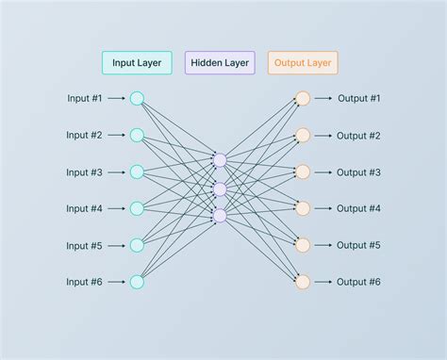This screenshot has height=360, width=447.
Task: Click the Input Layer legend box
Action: click(137, 63)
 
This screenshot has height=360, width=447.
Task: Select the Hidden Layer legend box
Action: click(220, 63)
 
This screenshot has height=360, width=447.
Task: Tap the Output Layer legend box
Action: click(303, 63)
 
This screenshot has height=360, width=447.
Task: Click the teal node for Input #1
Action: click(137, 98)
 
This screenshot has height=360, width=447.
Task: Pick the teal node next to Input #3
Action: click(137, 172)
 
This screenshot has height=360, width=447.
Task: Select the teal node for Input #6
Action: click(137, 281)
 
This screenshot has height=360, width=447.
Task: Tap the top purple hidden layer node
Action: click(220, 161)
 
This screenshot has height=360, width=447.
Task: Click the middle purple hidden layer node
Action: click(220, 189)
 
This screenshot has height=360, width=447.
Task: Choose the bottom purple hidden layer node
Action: click(220, 217)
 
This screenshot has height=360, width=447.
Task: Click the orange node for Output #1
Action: click(303, 98)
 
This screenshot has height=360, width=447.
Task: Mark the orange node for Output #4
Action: click(303, 208)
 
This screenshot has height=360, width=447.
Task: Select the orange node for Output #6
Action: click(303, 281)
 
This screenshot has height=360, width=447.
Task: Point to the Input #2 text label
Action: click(85, 135)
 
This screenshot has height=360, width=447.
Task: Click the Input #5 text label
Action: click(85, 245)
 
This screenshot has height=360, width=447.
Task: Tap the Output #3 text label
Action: click(359, 172)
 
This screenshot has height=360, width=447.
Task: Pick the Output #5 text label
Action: click(359, 245)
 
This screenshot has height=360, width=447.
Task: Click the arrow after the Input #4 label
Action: click(117, 208)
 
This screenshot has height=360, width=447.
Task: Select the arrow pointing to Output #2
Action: click(323, 135)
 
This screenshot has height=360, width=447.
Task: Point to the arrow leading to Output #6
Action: click(323, 281)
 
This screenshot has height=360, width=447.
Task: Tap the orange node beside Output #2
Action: click(303, 135)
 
